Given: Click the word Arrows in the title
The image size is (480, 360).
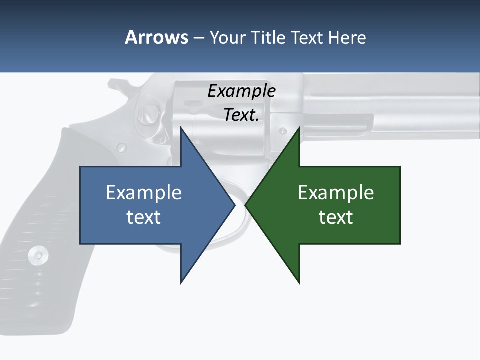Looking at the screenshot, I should pos(156,37).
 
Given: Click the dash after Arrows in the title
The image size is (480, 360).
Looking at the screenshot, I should pos(198,38).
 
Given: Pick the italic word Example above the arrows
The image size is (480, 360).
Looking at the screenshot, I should pos(241,91).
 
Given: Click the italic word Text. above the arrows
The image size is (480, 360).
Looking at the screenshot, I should pos(241,115).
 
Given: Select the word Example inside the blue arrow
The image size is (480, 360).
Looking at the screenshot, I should pos(144,192).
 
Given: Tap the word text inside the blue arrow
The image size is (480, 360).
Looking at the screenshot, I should pos(144,217).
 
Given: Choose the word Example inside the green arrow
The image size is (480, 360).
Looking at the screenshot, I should pos(336,192).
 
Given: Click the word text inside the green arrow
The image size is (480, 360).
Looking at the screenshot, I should pos(336,217).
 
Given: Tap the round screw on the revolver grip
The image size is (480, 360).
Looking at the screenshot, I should pos(38,255).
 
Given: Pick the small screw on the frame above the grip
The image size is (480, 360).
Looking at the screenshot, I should pos(121,147).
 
